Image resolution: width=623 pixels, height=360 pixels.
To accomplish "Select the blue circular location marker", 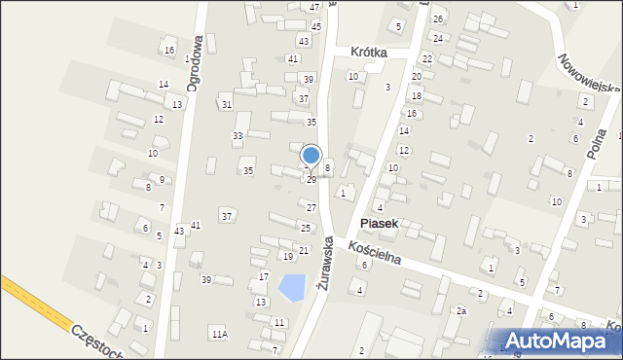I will (311, 156).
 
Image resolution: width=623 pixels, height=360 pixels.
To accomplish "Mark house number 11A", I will (219, 334).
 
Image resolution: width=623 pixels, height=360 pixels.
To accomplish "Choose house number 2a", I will (462, 310).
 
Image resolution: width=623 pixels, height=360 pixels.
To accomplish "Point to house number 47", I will (314, 7).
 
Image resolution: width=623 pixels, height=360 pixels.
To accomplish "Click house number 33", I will (238, 135).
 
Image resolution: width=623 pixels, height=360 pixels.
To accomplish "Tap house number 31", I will (226, 104).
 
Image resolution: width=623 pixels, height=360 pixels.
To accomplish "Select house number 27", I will (311, 207).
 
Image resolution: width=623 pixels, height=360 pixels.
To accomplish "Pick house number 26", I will (438, 19).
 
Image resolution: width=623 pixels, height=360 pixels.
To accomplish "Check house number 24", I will (438, 38).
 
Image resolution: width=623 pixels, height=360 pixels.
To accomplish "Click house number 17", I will (263, 277).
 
